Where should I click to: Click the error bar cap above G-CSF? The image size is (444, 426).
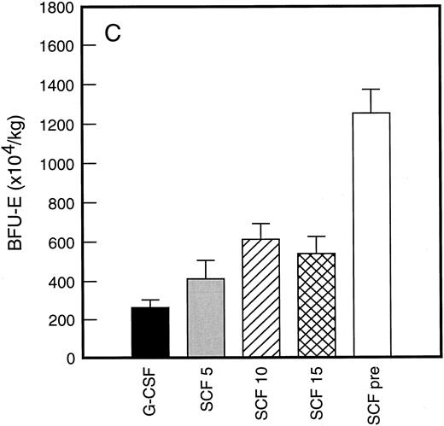pos(149,301)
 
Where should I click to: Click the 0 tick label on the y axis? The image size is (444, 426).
pos(67,359)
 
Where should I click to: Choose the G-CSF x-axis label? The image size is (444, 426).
pos(149,389)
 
